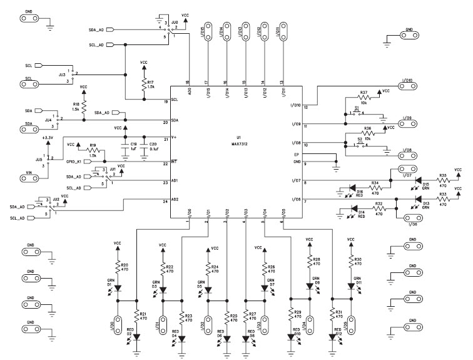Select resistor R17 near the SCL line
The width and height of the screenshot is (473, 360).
click(145, 86)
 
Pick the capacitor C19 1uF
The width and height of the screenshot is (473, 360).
click(126, 148)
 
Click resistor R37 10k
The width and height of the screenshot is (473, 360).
click(364, 98)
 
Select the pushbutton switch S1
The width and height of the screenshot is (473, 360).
click(357, 113)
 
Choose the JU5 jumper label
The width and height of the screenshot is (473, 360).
click(39, 160)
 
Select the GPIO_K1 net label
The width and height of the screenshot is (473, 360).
click(78, 162)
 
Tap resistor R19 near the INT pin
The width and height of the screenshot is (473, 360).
click(93, 150)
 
